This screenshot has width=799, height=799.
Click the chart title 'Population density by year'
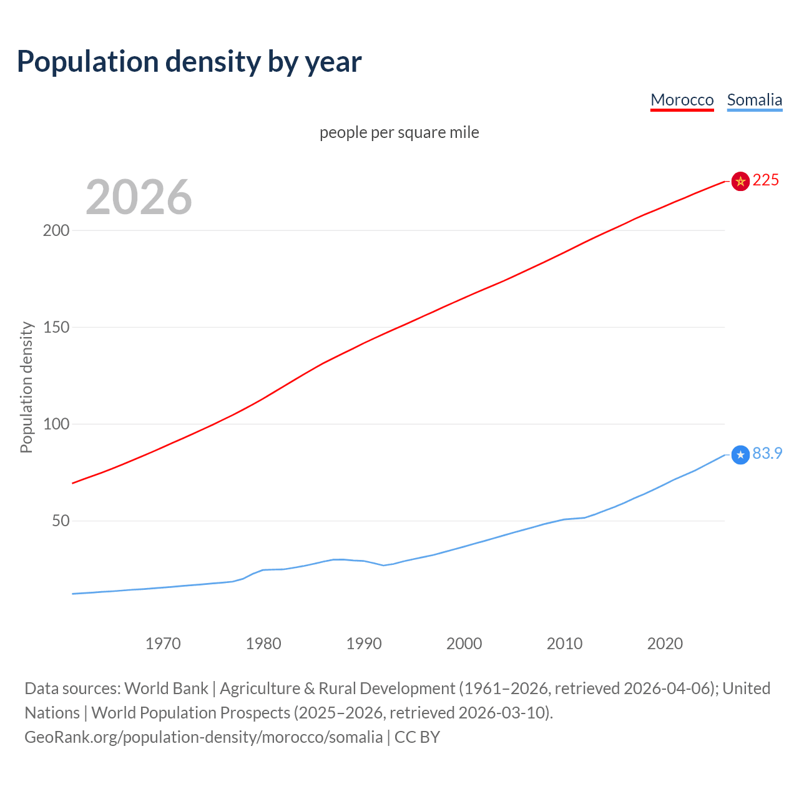pyautogui.click(x=189, y=61)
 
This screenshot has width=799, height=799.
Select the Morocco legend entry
pyautogui.click(x=682, y=100)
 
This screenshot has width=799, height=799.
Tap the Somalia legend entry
pyautogui.click(x=754, y=100)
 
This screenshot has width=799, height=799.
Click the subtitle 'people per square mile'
pyautogui.click(x=399, y=132)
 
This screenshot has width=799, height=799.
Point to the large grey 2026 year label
pyautogui.click(x=139, y=197)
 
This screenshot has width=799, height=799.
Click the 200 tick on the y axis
pyautogui.click(x=56, y=230)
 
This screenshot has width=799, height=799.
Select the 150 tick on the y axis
pyautogui.click(x=56, y=327)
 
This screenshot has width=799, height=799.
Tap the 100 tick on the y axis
pyautogui.click(x=56, y=424)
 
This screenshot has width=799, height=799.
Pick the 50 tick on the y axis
pyautogui.click(x=61, y=521)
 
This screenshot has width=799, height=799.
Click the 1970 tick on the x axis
pyautogui.click(x=163, y=644)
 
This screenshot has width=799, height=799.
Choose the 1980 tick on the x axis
pyautogui.click(x=263, y=644)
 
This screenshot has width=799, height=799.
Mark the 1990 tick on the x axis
pyautogui.click(x=364, y=644)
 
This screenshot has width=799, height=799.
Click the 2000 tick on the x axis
pyautogui.click(x=464, y=644)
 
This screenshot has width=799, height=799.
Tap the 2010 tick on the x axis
pyautogui.click(x=564, y=644)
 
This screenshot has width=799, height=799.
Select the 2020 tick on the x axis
pyautogui.click(x=665, y=644)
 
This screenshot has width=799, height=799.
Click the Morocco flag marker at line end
pyautogui.click(x=740, y=182)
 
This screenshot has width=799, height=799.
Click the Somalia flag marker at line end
pyautogui.click(x=740, y=455)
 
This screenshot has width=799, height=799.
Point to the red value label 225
pyautogui.click(x=766, y=180)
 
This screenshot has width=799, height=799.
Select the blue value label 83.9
pyautogui.click(x=767, y=454)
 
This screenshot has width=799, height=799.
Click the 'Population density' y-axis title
pyautogui.click(x=26, y=387)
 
